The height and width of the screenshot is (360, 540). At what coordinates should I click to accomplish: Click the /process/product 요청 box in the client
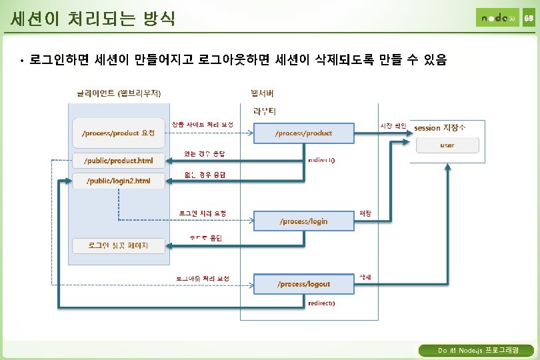pos(118,133)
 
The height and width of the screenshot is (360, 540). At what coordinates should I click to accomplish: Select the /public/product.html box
pos(118,160)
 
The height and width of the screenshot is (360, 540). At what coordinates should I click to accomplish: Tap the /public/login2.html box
pos(118,181)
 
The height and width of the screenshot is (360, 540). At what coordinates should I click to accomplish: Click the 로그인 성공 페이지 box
pos(118,245)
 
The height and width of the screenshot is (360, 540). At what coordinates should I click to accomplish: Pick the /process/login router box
pos(303,221)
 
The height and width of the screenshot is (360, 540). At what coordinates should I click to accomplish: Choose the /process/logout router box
pos(303,283)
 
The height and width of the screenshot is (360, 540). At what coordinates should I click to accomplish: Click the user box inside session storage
pos(447,145)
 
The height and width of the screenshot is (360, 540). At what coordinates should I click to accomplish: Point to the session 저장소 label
pos(440,127)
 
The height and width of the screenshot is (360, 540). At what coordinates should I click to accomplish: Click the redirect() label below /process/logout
pos(322,303)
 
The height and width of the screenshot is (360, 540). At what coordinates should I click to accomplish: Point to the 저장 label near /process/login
pos(365,213)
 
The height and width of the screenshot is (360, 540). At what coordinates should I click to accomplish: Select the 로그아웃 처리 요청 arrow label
pos(203,277)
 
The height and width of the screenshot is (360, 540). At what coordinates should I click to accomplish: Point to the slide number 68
pos(528,19)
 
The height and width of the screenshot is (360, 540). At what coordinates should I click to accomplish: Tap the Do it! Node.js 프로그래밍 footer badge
pos(476,350)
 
